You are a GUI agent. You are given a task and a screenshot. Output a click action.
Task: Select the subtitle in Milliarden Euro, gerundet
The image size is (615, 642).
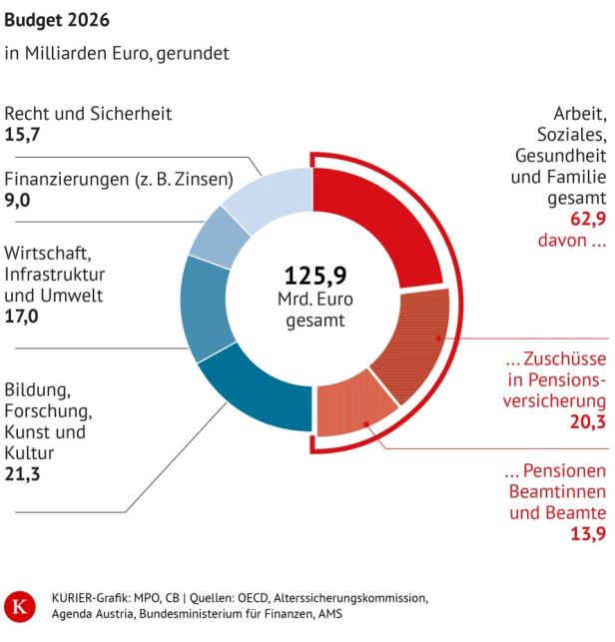tap(117, 53)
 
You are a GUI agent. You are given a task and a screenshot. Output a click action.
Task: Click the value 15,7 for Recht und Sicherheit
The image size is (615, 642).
tap(21, 133)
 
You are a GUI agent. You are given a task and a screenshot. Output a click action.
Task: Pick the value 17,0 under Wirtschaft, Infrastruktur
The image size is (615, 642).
tap(21, 316)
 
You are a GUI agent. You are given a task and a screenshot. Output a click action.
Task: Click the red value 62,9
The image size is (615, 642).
tap(587, 221)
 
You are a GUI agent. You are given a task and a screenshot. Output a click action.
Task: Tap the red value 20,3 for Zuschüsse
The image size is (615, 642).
tap(587, 422)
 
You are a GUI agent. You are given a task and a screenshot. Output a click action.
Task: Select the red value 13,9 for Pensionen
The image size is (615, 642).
tap(587, 535)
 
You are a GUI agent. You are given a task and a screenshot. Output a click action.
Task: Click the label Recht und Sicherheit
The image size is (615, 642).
tap(88, 113)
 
